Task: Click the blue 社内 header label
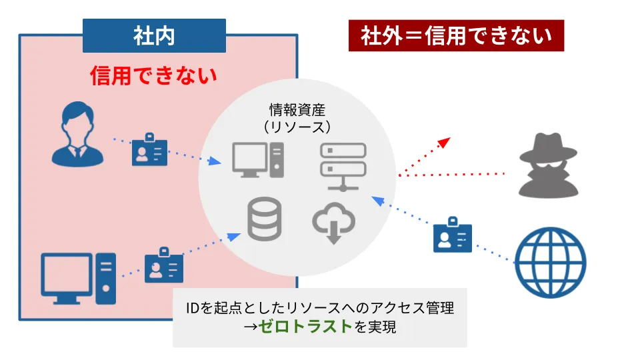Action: pos(154,35)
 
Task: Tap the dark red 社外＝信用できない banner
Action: pos(456,35)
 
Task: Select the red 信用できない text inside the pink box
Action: pos(153,75)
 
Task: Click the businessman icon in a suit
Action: pos(77,134)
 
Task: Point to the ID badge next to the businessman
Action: pos(149,149)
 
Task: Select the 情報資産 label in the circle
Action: pos(297,110)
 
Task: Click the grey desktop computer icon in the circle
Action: pos(258,159)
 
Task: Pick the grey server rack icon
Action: pos(343,167)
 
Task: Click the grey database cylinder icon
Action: pos(265,219)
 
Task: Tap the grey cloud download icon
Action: pos(334,223)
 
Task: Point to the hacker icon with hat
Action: pos(548,165)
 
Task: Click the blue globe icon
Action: pos(550,263)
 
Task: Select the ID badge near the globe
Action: pos(452,235)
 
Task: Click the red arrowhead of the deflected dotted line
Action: pos(444,143)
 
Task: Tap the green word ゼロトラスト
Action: pos(305,326)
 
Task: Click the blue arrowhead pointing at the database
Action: pos(233,237)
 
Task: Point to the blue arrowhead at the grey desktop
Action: pos(214,161)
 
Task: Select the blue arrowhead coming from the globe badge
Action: pos(378,201)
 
